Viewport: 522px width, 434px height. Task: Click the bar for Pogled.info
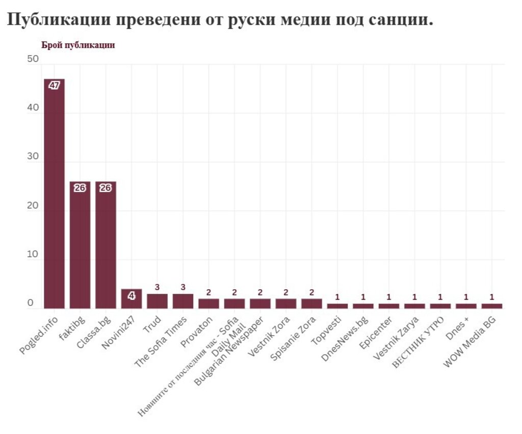54,194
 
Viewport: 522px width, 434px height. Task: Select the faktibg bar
80,245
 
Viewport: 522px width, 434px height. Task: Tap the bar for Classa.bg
106,245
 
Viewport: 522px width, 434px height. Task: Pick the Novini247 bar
132,299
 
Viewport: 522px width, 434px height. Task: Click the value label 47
54,85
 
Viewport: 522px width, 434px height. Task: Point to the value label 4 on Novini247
132,295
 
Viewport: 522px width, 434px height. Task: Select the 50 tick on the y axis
33,60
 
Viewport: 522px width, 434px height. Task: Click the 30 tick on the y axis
33,157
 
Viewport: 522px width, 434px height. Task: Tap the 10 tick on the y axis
33,255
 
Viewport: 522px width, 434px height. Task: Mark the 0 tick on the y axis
31,303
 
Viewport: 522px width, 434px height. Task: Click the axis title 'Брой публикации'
78,45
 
